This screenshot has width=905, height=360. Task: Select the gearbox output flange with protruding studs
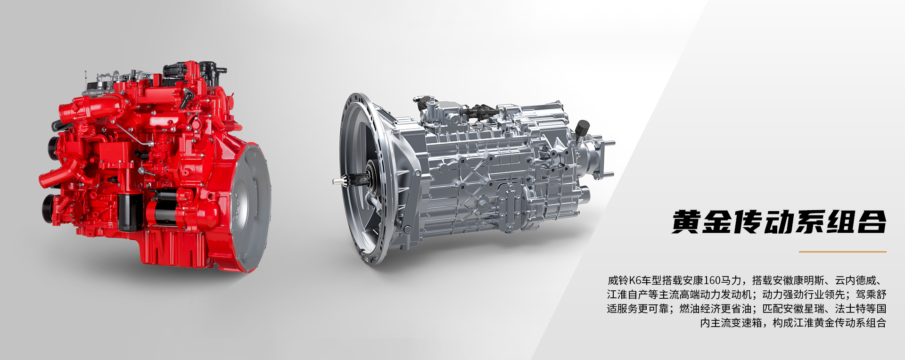(601, 155)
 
